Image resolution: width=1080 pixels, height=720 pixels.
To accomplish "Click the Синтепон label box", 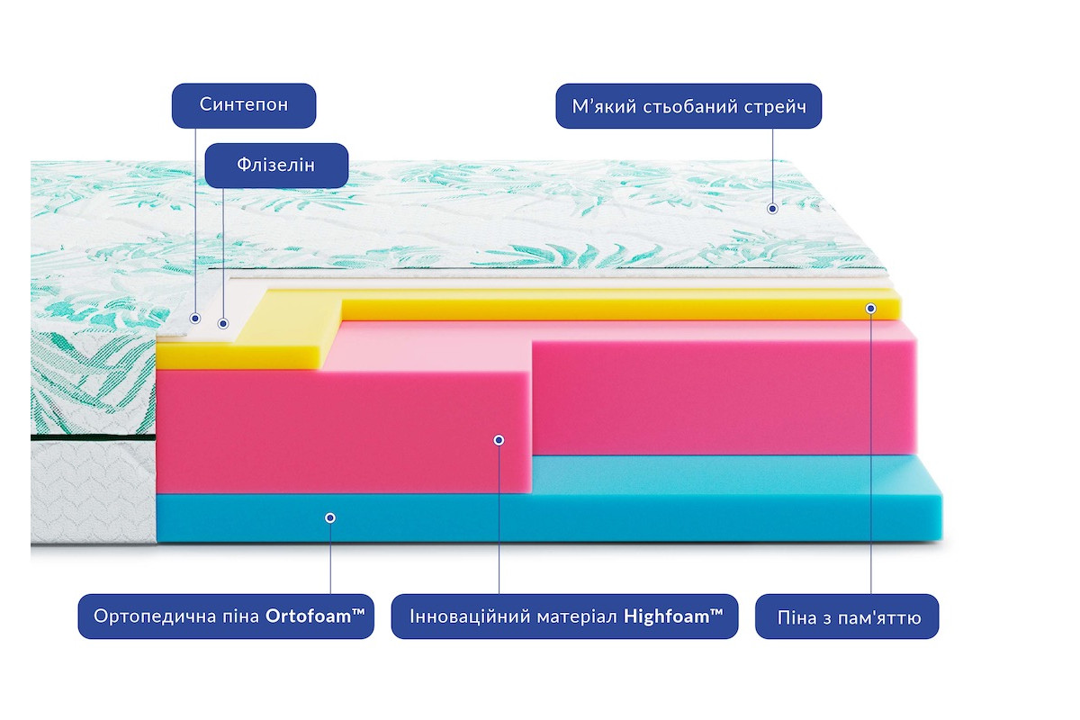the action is pos(244,105).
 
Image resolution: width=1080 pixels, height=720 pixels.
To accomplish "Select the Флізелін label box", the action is pos(276,166).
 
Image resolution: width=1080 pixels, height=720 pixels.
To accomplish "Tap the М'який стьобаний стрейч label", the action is pos(688,106).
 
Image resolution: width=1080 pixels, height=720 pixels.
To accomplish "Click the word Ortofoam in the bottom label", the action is pos(315,616).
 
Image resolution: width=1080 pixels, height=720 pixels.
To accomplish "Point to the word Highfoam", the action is pos(673,616).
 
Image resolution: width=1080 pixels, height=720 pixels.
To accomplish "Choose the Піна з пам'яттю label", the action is pos(847,616).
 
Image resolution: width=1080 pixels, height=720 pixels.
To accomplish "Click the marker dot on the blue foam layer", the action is pos(330,517).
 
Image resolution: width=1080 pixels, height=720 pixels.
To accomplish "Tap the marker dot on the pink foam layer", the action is pos(499,440).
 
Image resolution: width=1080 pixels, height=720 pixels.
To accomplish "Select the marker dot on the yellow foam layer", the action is pos(871,308).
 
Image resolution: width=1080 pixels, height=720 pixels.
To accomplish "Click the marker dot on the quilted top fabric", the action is pos(772,209).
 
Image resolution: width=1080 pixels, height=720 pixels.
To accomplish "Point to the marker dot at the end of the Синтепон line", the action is pos(195,319).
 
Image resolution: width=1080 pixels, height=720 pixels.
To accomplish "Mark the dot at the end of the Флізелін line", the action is pos(223,324).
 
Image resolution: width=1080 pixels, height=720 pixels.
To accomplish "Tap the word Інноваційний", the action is pos(462,616).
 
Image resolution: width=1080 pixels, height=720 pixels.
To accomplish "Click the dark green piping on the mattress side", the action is pos(93,438).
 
